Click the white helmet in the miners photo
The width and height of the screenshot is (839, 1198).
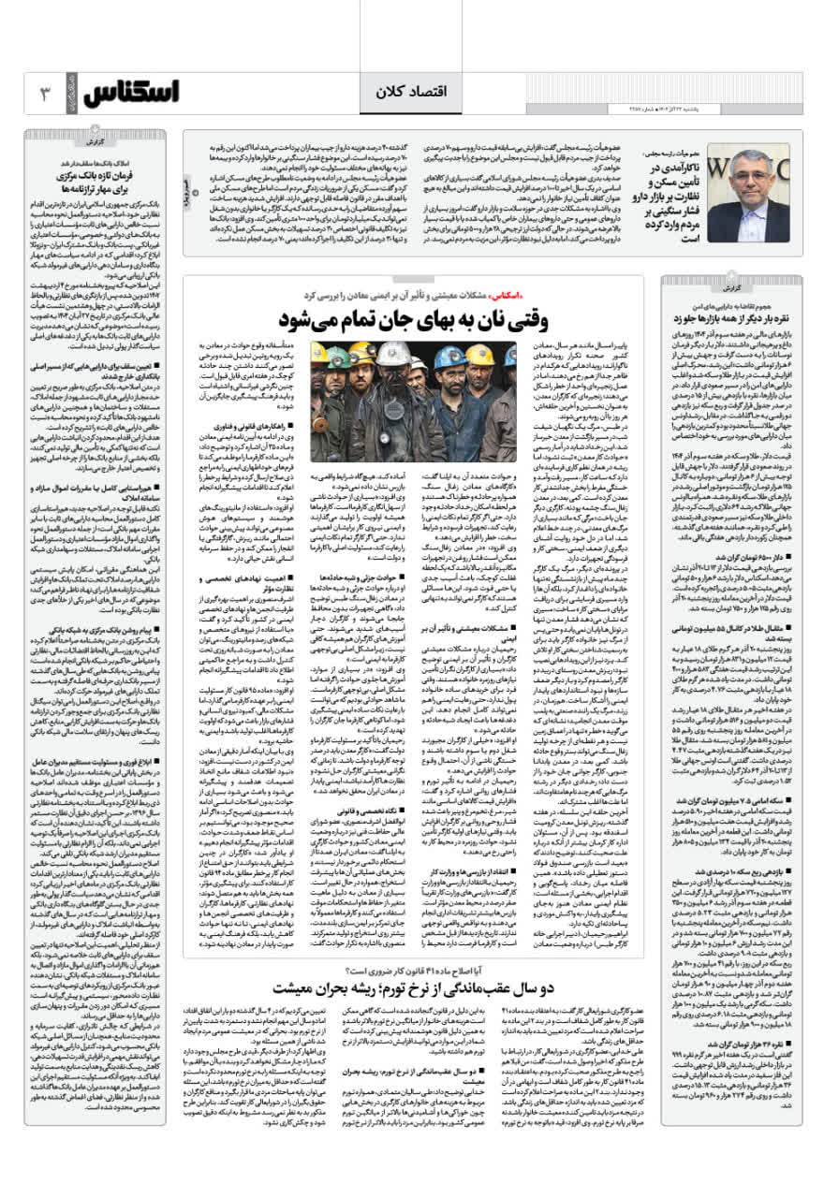point(390,353)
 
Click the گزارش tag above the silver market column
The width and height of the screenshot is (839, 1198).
point(730,287)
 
